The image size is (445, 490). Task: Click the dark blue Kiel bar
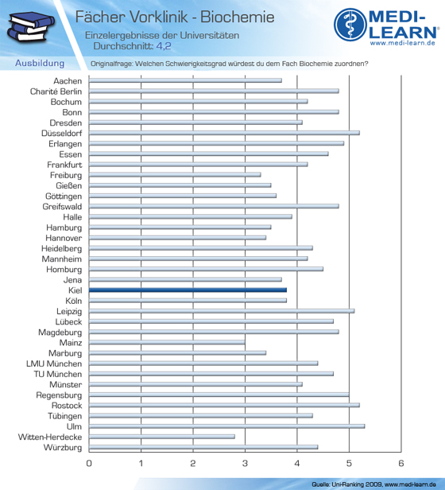click(x=188, y=290)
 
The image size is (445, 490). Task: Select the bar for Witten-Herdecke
click(x=162, y=437)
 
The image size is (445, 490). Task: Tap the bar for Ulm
click(x=226, y=426)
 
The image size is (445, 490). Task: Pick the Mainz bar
click(x=167, y=343)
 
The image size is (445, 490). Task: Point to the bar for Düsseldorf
click(x=224, y=133)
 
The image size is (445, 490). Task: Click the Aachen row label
click(x=68, y=81)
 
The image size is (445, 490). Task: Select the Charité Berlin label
click(x=56, y=91)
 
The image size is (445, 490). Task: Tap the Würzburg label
click(x=63, y=448)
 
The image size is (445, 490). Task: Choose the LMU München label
click(x=54, y=364)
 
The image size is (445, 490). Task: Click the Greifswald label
click(x=62, y=207)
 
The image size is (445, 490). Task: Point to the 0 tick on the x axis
click(x=89, y=463)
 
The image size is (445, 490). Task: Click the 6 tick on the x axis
click(x=401, y=463)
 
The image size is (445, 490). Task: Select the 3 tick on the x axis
click(x=245, y=463)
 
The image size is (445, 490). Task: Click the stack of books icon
click(x=31, y=27)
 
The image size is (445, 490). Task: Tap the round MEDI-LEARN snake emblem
click(x=350, y=25)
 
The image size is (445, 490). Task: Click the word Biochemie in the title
click(x=238, y=17)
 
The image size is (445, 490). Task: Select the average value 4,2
click(x=164, y=46)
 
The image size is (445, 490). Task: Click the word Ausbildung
click(x=40, y=63)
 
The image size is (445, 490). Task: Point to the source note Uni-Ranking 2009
click(x=357, y=484)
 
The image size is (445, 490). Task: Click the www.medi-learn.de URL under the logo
click(x=403, y=43)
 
